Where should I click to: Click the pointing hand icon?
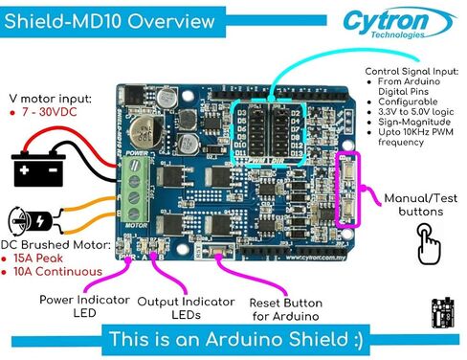430,246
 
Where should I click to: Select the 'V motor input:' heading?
50,97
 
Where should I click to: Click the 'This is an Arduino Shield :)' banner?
233,340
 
